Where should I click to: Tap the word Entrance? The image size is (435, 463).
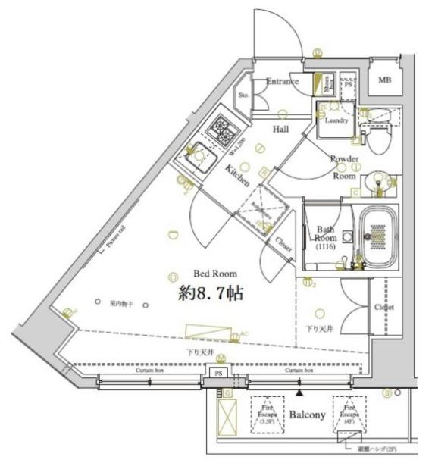(284, 82)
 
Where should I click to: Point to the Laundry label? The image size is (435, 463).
(336, 120)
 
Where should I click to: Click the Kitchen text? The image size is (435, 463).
(236, 177)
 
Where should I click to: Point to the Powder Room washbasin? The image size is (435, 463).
(376, 183)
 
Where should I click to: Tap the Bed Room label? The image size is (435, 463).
(216, 274)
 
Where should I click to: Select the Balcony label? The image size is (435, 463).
(307, 415)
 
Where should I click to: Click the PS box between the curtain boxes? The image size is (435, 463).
(218, 373)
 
